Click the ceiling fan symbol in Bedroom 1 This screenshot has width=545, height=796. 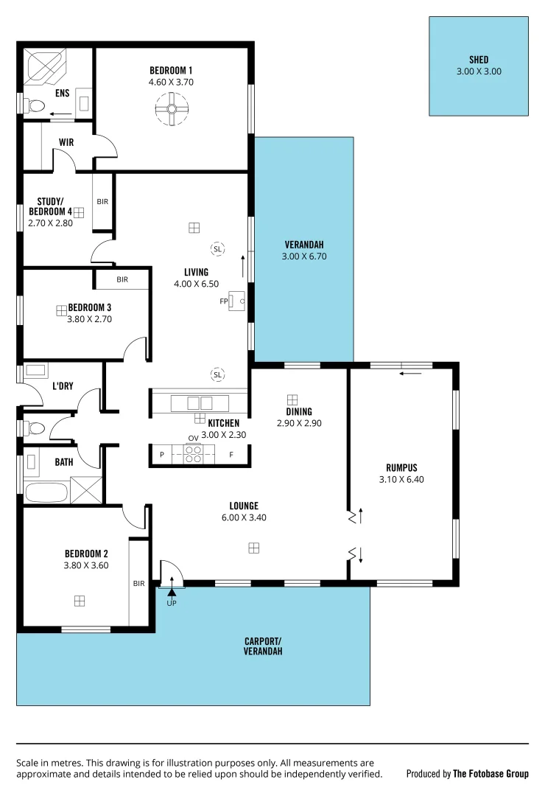[172, 109]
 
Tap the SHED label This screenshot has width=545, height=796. [478, 60]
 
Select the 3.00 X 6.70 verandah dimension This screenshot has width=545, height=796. [303, 257]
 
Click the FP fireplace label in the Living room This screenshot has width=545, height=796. [223, 301]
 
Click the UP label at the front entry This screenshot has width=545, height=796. [172, 603]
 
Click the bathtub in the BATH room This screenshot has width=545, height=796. [46, 490]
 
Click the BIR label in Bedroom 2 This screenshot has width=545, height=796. [138, 583]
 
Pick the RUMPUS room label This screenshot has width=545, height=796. [401, 467]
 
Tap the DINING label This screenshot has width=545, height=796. [299, 412]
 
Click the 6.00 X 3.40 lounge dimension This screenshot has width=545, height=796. [244, 517]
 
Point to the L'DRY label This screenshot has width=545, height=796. [62, 385]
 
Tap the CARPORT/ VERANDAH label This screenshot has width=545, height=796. [263, 646]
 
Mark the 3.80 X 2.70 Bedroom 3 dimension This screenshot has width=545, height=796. [88, 319]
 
